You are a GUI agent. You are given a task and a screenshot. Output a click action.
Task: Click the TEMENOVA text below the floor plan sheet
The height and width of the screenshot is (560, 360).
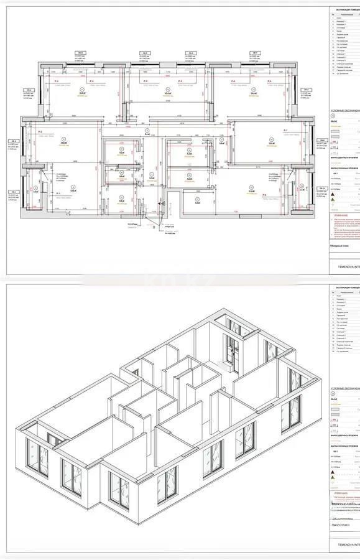tap(346, 269)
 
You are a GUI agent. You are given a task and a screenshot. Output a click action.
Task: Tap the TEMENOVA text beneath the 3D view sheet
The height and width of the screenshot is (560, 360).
tap(346, 553)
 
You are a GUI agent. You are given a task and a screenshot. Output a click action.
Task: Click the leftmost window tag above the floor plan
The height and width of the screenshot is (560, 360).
tap(80, 54)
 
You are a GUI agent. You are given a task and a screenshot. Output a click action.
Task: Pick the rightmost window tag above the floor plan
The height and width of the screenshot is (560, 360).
tap(254, 54)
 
